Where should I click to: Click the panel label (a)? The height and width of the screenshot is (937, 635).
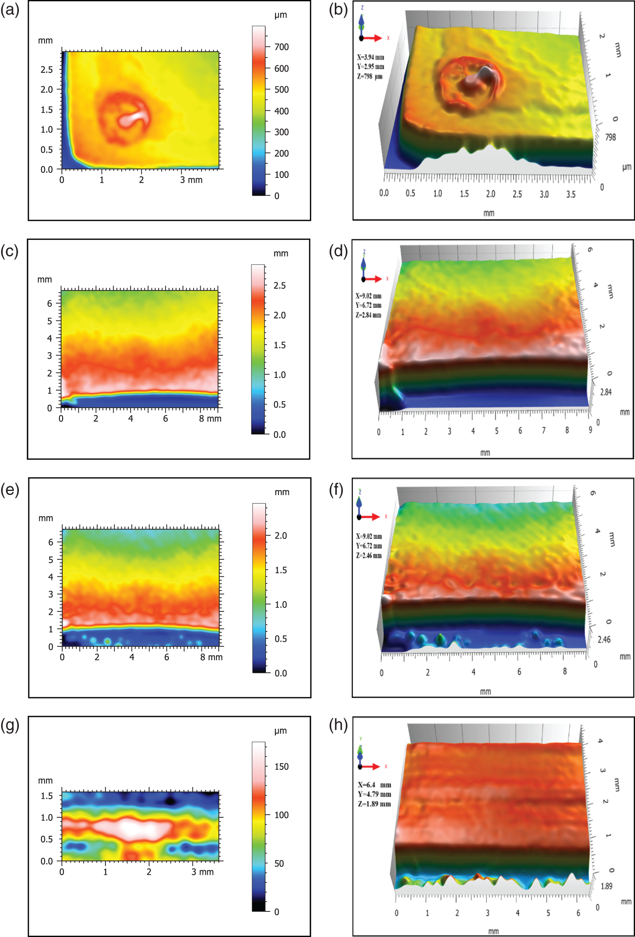coord(10,10)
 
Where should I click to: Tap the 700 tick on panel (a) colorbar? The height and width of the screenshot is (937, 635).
coord(281,47)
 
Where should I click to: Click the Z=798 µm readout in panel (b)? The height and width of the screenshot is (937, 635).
coord(369,76)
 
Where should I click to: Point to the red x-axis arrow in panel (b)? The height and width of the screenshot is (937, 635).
coord(373,38)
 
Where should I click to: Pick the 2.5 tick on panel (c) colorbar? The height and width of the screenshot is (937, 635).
coord(279,285)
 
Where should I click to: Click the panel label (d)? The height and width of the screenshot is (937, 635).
coord(338,251)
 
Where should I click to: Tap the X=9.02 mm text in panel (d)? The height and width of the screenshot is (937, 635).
coord(368,296)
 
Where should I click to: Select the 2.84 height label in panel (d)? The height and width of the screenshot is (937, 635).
coord(605,392)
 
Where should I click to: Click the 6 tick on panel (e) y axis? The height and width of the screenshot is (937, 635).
coord(51,542)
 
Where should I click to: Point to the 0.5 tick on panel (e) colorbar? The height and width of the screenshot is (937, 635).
coord(281,639)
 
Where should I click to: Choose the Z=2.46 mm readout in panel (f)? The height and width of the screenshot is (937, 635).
coord(369,556)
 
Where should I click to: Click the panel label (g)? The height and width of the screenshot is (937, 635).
coord(10,725)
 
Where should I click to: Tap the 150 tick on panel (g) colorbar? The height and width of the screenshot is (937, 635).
coord(281,767)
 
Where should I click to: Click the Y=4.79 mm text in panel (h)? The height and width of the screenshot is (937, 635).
coord(374,794)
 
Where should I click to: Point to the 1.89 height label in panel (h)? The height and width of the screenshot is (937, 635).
coord(606,886)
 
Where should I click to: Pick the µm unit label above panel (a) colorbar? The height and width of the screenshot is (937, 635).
coord(281,15)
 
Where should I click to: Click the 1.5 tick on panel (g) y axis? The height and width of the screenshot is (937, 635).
coord(47,796)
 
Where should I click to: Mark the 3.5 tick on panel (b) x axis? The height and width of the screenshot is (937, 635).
coord(570,194)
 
